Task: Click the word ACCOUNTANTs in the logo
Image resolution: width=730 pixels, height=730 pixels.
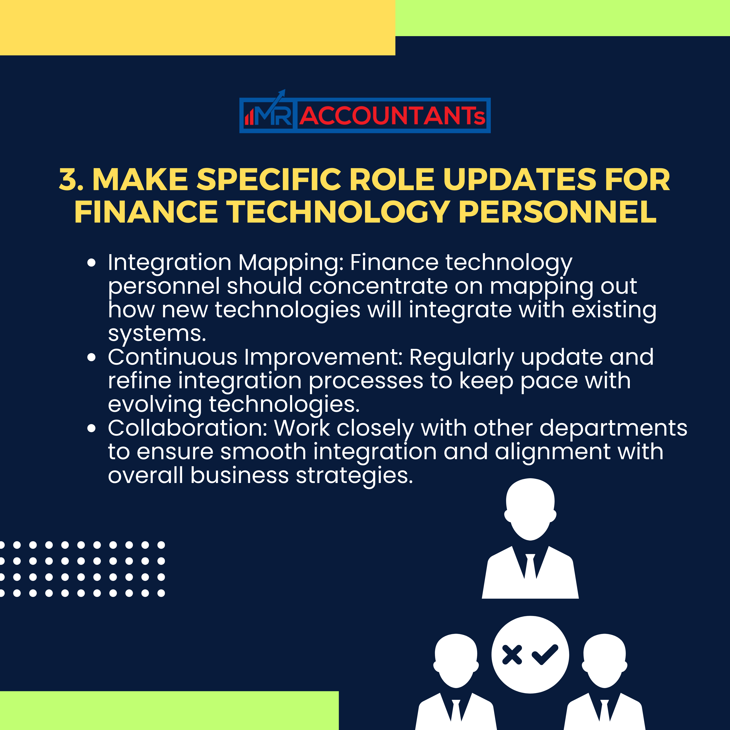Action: (392, 116)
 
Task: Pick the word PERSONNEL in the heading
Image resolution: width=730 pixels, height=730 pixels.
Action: (557, 212)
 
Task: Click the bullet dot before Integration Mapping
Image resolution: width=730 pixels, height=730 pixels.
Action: (91, 263)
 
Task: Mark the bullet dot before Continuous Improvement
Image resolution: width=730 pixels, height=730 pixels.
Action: (91, 357)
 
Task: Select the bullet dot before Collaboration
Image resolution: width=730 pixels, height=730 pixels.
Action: (91, 428)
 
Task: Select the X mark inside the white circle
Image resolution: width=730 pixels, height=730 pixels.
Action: (512, 655)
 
